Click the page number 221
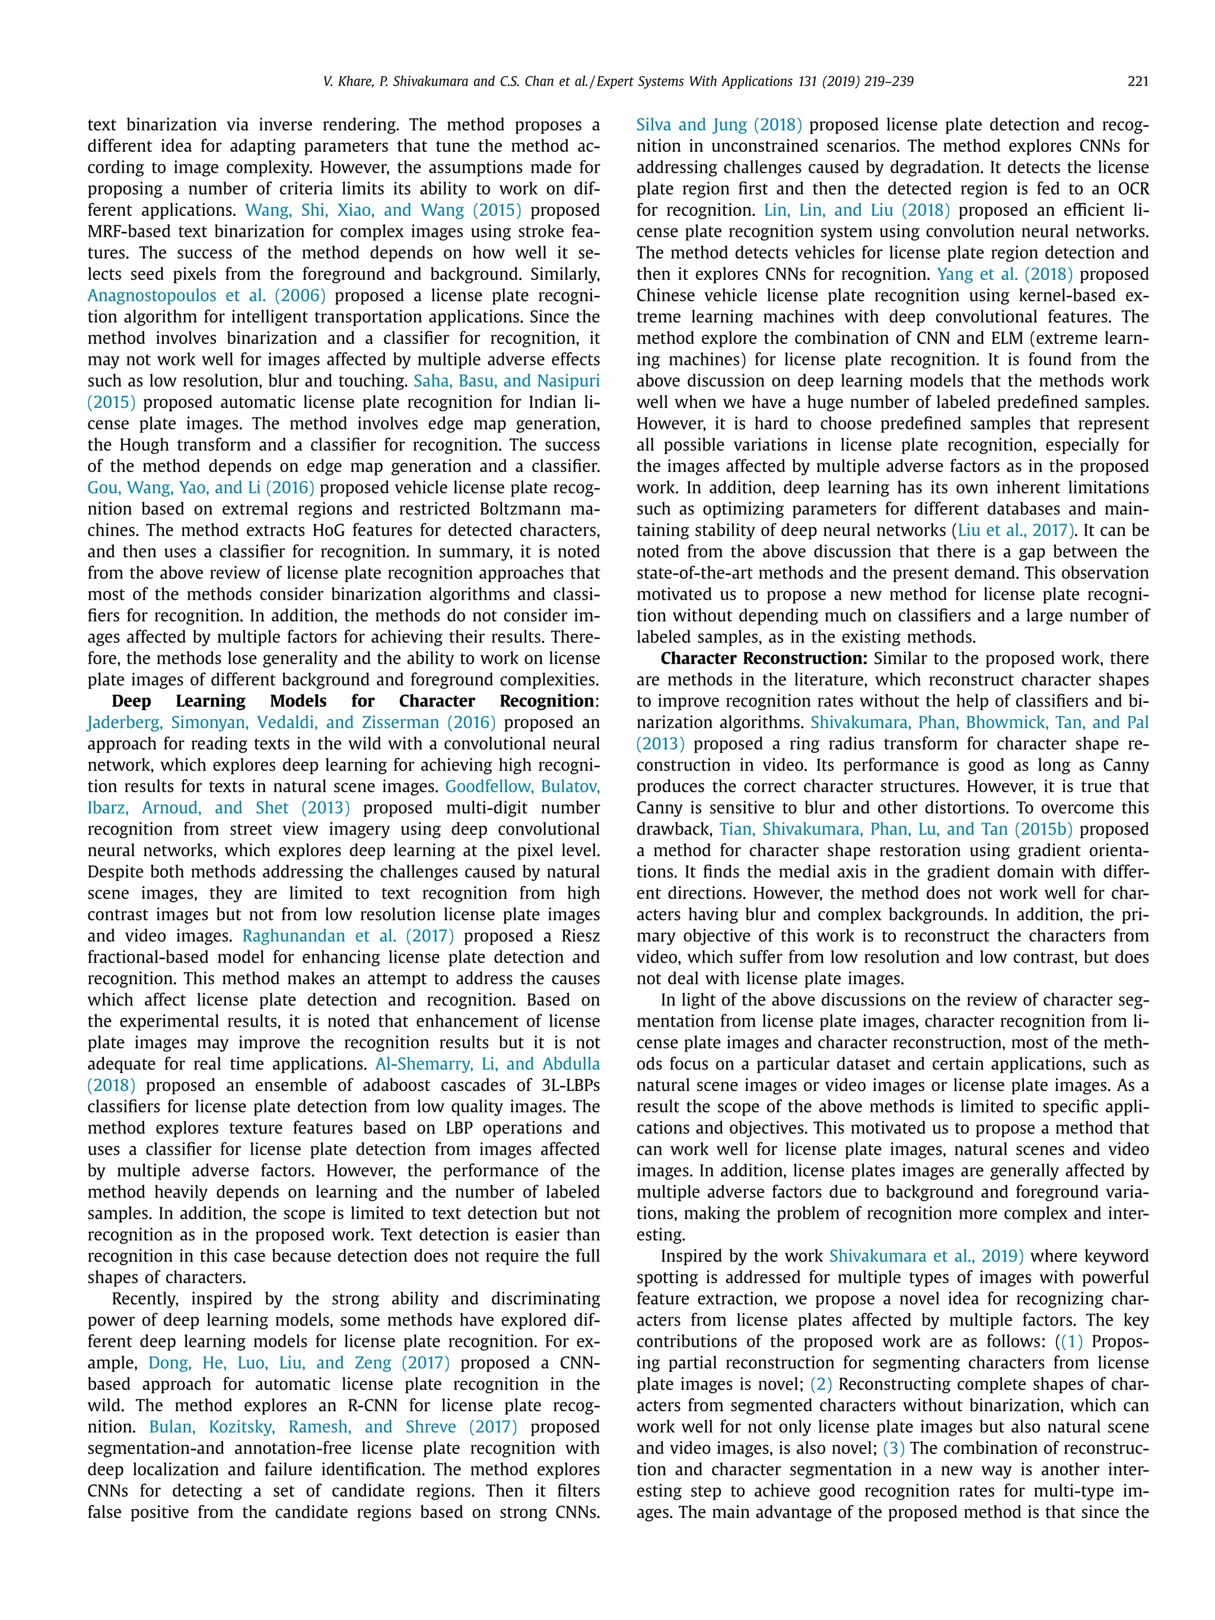[1137, 81]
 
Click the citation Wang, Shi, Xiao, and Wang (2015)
[383, 210]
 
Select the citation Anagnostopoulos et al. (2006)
[206, 296]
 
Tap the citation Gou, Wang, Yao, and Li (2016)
[201, 488]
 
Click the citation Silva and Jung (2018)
[718, 125]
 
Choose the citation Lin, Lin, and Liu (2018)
[856, 210]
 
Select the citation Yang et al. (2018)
[1005, 275]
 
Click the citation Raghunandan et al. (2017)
[348, 936]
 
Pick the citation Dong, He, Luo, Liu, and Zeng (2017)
[299, 1363]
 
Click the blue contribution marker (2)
[821, 1384]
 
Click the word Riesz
[577, 936]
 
